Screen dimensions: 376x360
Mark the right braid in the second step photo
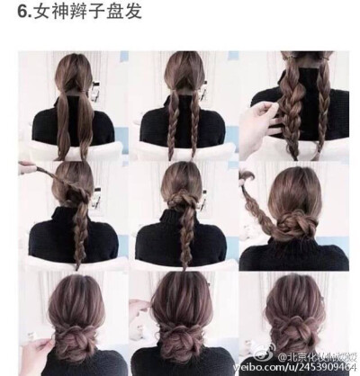(195, 117)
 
